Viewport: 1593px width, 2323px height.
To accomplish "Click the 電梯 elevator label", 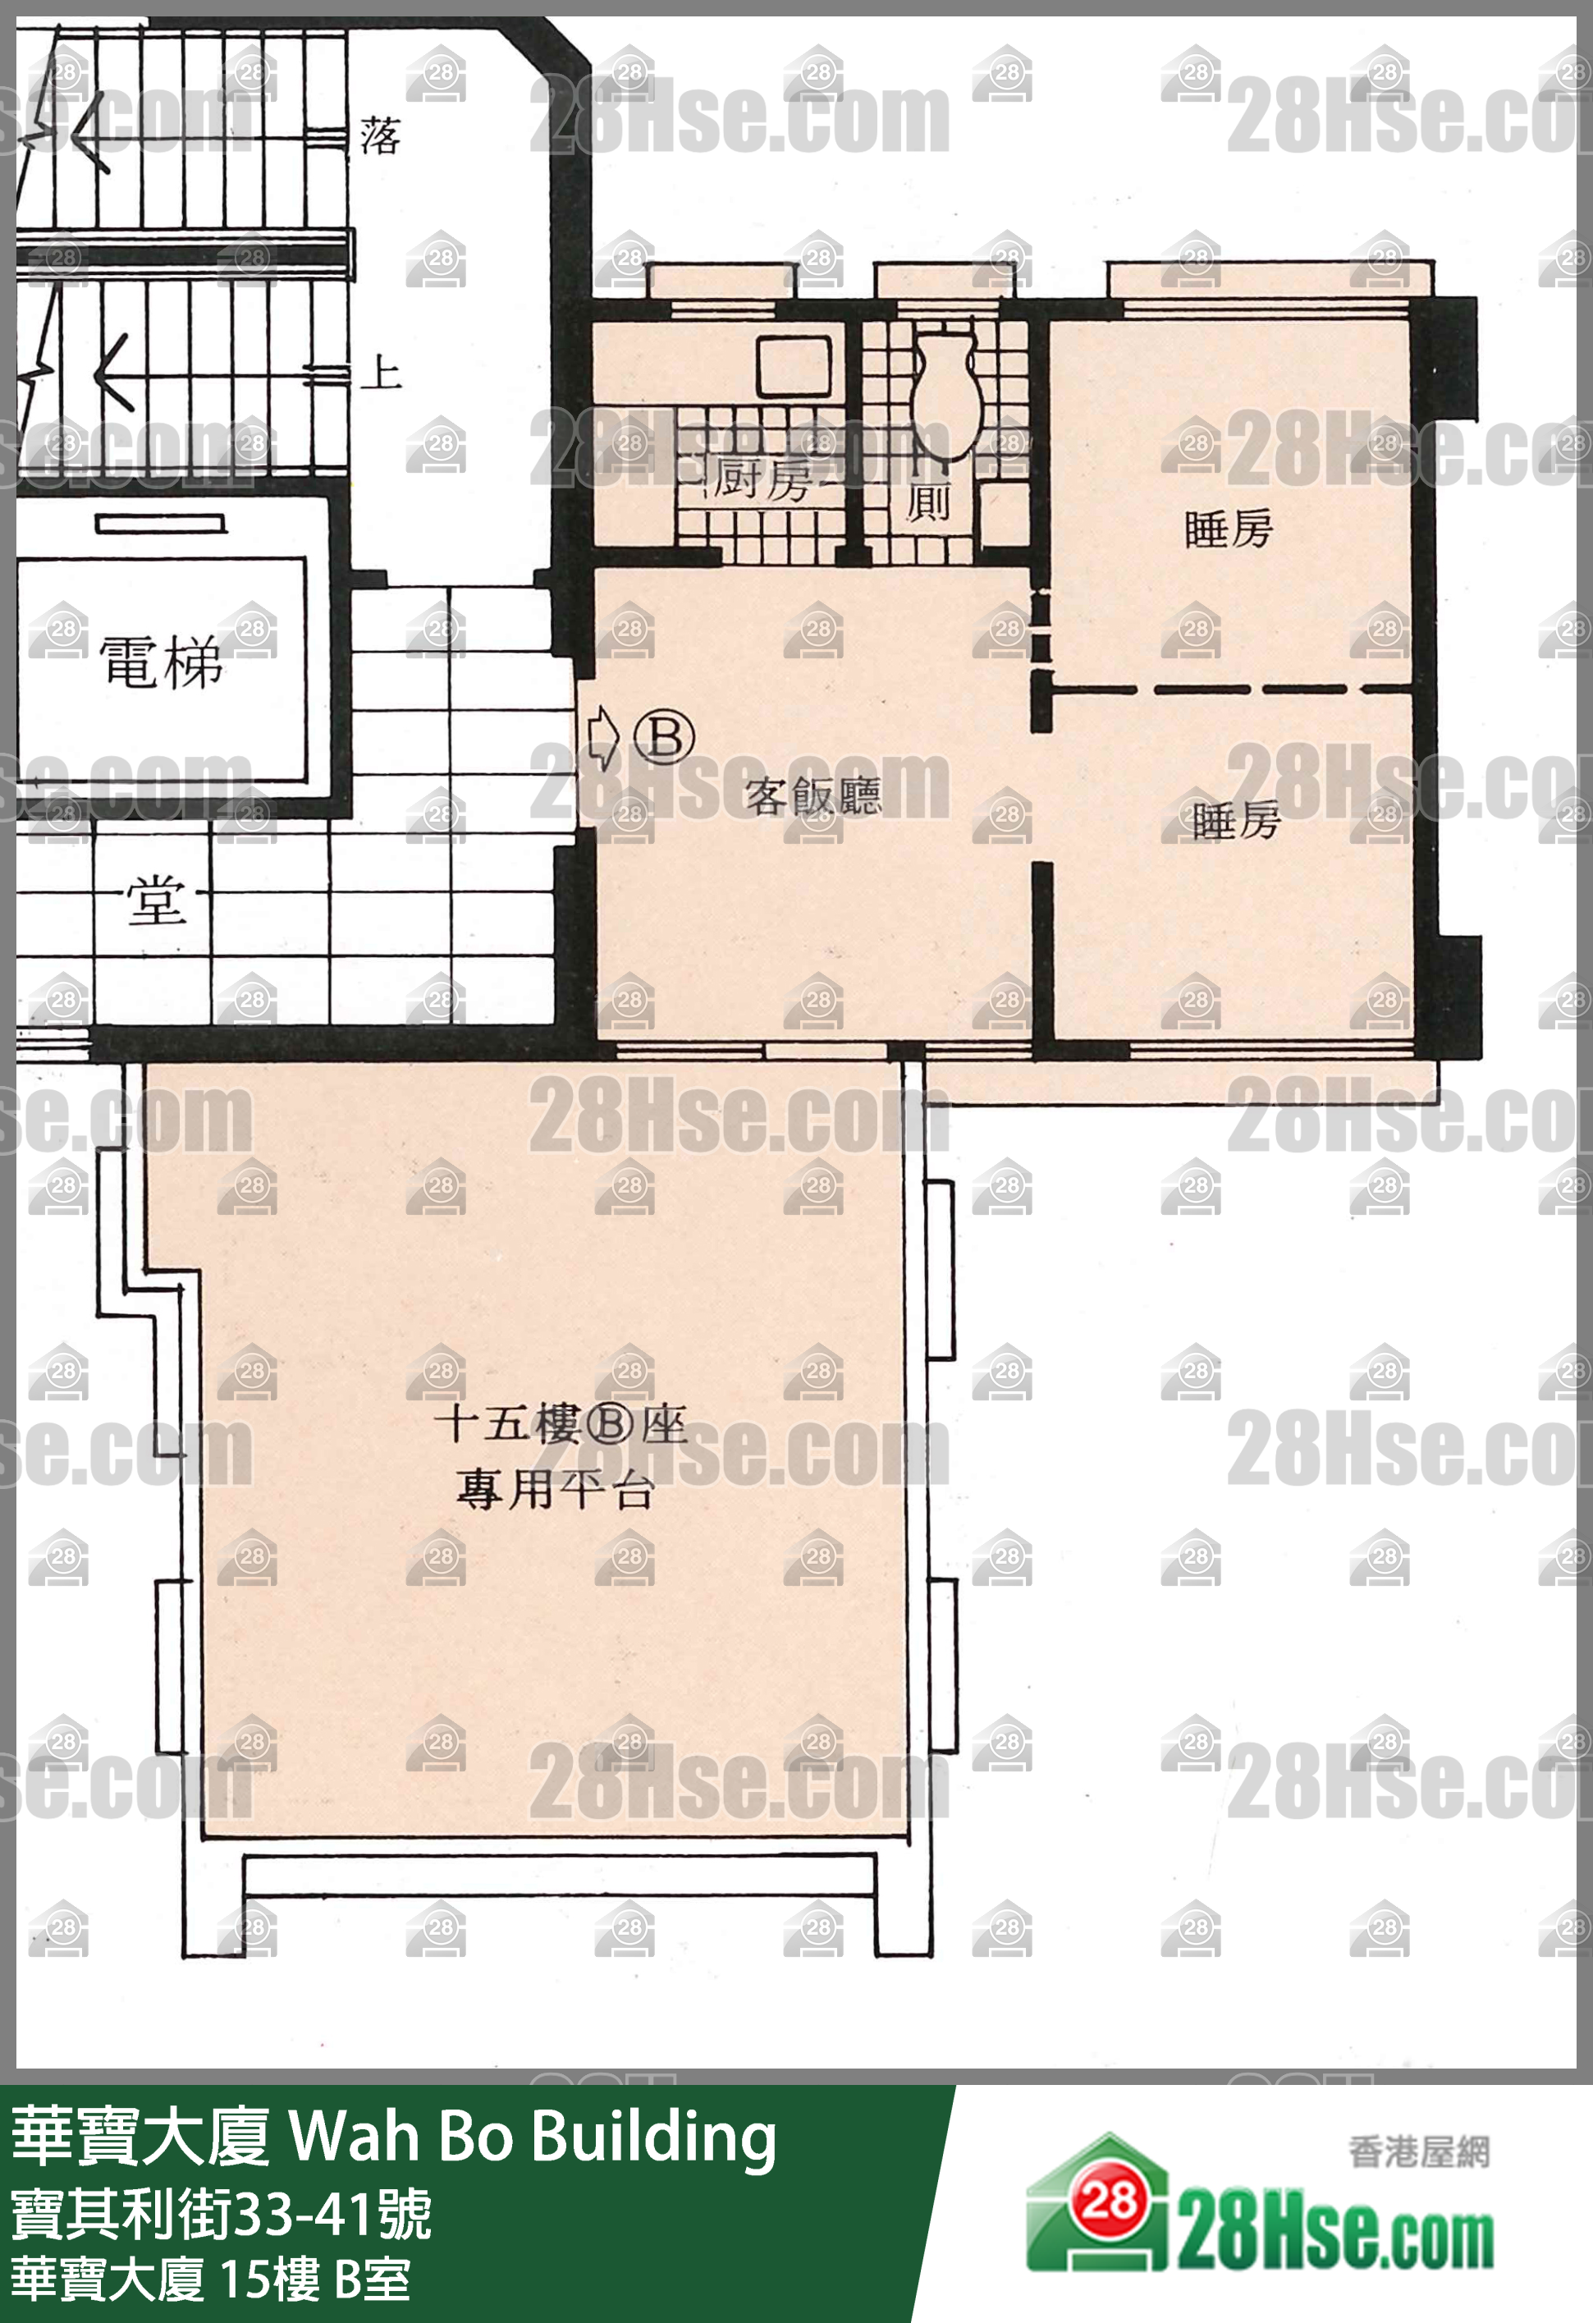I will pos(161,662).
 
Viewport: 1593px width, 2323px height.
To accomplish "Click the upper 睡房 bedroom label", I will pos(1229,529).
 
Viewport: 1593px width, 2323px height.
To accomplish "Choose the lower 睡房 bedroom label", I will pos(1236,821).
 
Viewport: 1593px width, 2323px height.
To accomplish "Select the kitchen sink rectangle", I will pos(794,366).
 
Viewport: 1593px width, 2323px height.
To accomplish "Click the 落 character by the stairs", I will pos(381,136).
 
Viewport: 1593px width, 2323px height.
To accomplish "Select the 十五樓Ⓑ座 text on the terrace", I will pos(561,1424).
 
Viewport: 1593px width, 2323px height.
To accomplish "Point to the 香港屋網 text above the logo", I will pos(1418,2152).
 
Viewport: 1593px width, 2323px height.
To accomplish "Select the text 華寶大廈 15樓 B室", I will pos(211,2280).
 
